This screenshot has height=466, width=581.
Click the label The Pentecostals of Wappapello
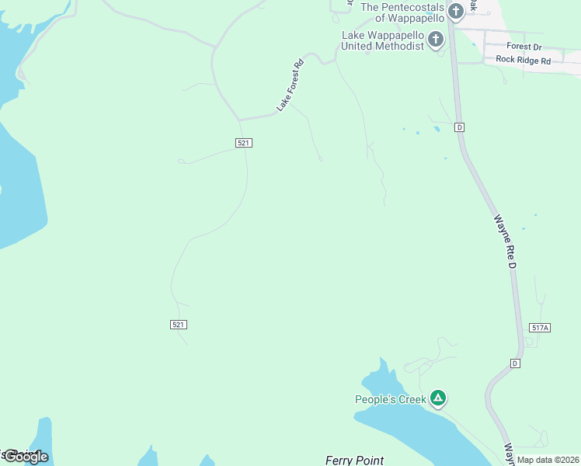pos(402,12)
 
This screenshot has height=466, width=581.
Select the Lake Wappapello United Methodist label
pos(384,40)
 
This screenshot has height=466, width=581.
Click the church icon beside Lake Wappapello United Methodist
pos(437,38)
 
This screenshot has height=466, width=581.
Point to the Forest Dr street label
pos(524,47)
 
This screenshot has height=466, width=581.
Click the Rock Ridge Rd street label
pos(523,60)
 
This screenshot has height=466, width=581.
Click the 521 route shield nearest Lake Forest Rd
pos(244,143)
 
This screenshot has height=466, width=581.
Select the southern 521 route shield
pos(179,324)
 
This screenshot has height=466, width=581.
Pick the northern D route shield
pos(460,127)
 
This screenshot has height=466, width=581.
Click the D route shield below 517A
pos(514,363)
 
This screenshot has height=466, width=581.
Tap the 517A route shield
pos(540,329)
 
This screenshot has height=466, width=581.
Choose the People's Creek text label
pos(391,400)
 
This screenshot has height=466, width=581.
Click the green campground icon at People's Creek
pos(438,398)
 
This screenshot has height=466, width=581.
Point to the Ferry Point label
pos(354,460)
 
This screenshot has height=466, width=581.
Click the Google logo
pos(26,457)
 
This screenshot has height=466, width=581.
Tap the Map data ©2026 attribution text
pos(548,460)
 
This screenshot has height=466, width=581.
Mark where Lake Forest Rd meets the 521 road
pos(239,120)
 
